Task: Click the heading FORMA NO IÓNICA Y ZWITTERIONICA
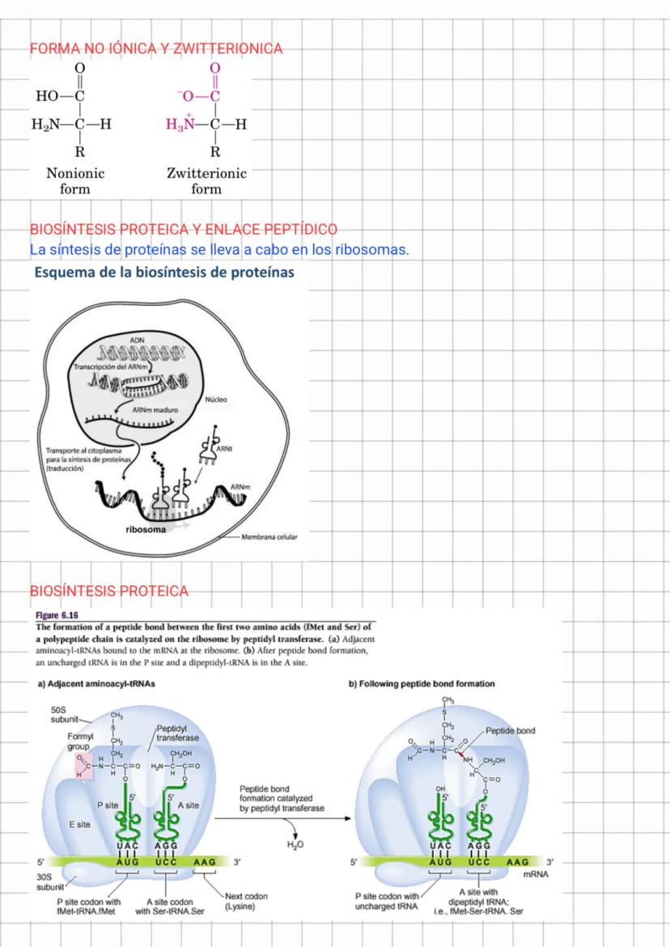coord(156,49)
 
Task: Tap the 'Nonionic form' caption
coord(74,180)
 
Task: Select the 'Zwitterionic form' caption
coord(206,180)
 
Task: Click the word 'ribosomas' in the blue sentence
coord(370,249)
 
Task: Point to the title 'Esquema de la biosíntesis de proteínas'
coord(164,272)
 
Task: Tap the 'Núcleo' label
coord(216,399)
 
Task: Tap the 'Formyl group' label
coord(82,741)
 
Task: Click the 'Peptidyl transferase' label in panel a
coord(177,733)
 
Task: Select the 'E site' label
coord(79,825)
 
